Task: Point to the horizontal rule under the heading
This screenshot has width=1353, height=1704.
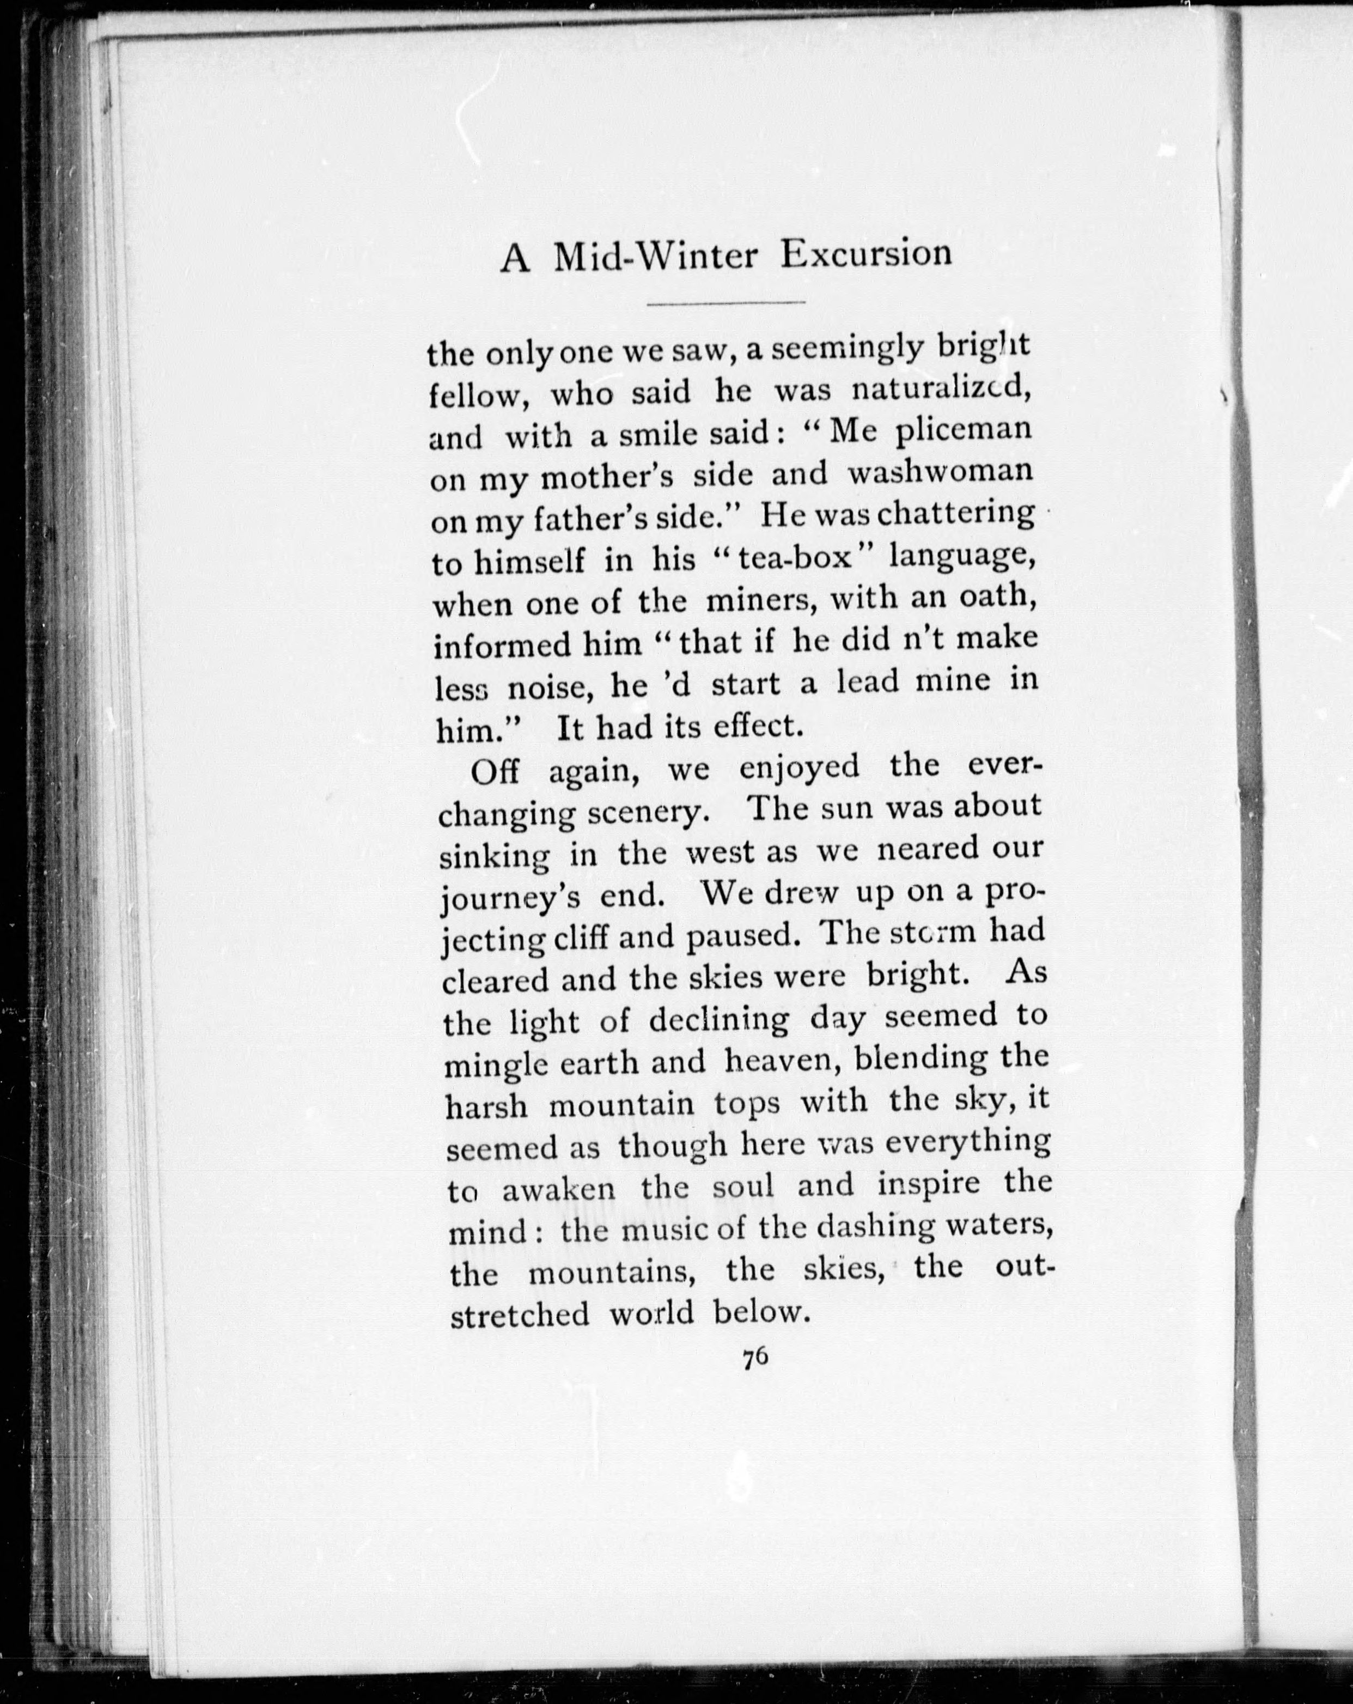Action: coord(725,303)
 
